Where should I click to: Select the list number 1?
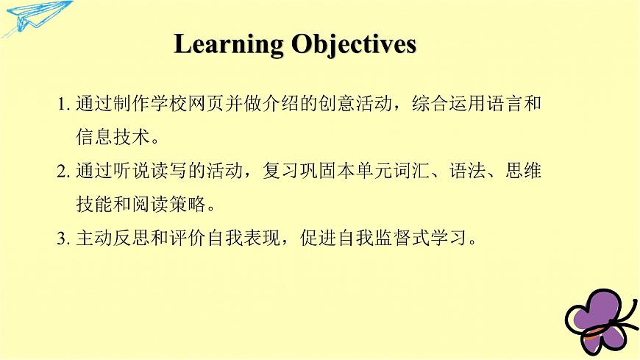[63, 105]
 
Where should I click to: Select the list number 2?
[63, 172]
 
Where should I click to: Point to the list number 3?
[63, 240]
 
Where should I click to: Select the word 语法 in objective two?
[485, 172]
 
